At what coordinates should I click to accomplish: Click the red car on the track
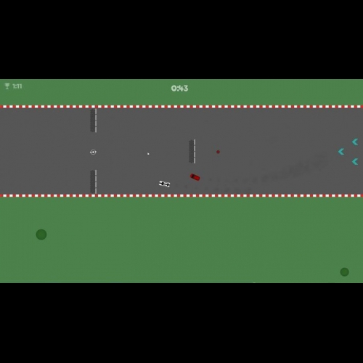pyautogui.click(x=195, y=177)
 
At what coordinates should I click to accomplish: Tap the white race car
pyautogui.click(x=165, y=184)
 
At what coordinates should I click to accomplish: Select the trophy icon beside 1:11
pyautogui.click(x=7, y=86)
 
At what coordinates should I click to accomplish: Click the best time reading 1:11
pyautogui.click(x=17, y=86)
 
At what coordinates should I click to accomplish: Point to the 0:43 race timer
pyautogui.click(x=179, y=89)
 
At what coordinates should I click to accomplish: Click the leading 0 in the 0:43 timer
pyautogui.click(x=174, y=89)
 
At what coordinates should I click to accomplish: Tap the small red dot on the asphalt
pyautogui.click(x=218, y=152)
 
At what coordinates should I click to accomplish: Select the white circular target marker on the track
pyautogui.click(x=93, y=152)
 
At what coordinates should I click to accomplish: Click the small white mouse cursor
pyautogui.click(x=148, y=154)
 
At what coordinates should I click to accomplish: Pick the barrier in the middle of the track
pyautogui.click(x=192, y=151)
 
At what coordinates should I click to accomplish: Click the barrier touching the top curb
pyautogui.click(x=94, y=121)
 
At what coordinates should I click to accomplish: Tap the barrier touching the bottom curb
pyautogui.click(x=94, y=181)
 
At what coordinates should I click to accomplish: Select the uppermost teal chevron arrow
pyautogui.click(x=355, y=142)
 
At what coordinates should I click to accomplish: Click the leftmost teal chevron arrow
pyautogui.click(x=341, y=152)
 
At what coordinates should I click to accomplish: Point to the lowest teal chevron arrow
pyautogui.click(x=355, y=161)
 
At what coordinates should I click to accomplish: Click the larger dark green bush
pyautogui.click(x=41, y=234)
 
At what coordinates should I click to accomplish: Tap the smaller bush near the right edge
pyautogui.click(x=344, y=272)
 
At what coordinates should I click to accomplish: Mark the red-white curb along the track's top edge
pyautogui.click(x=181, y=107)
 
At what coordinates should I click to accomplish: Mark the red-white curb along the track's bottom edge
pyautogui.click(x=181, y=195)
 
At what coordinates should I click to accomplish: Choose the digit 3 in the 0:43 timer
pyautogui.click(x=186, y=89)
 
